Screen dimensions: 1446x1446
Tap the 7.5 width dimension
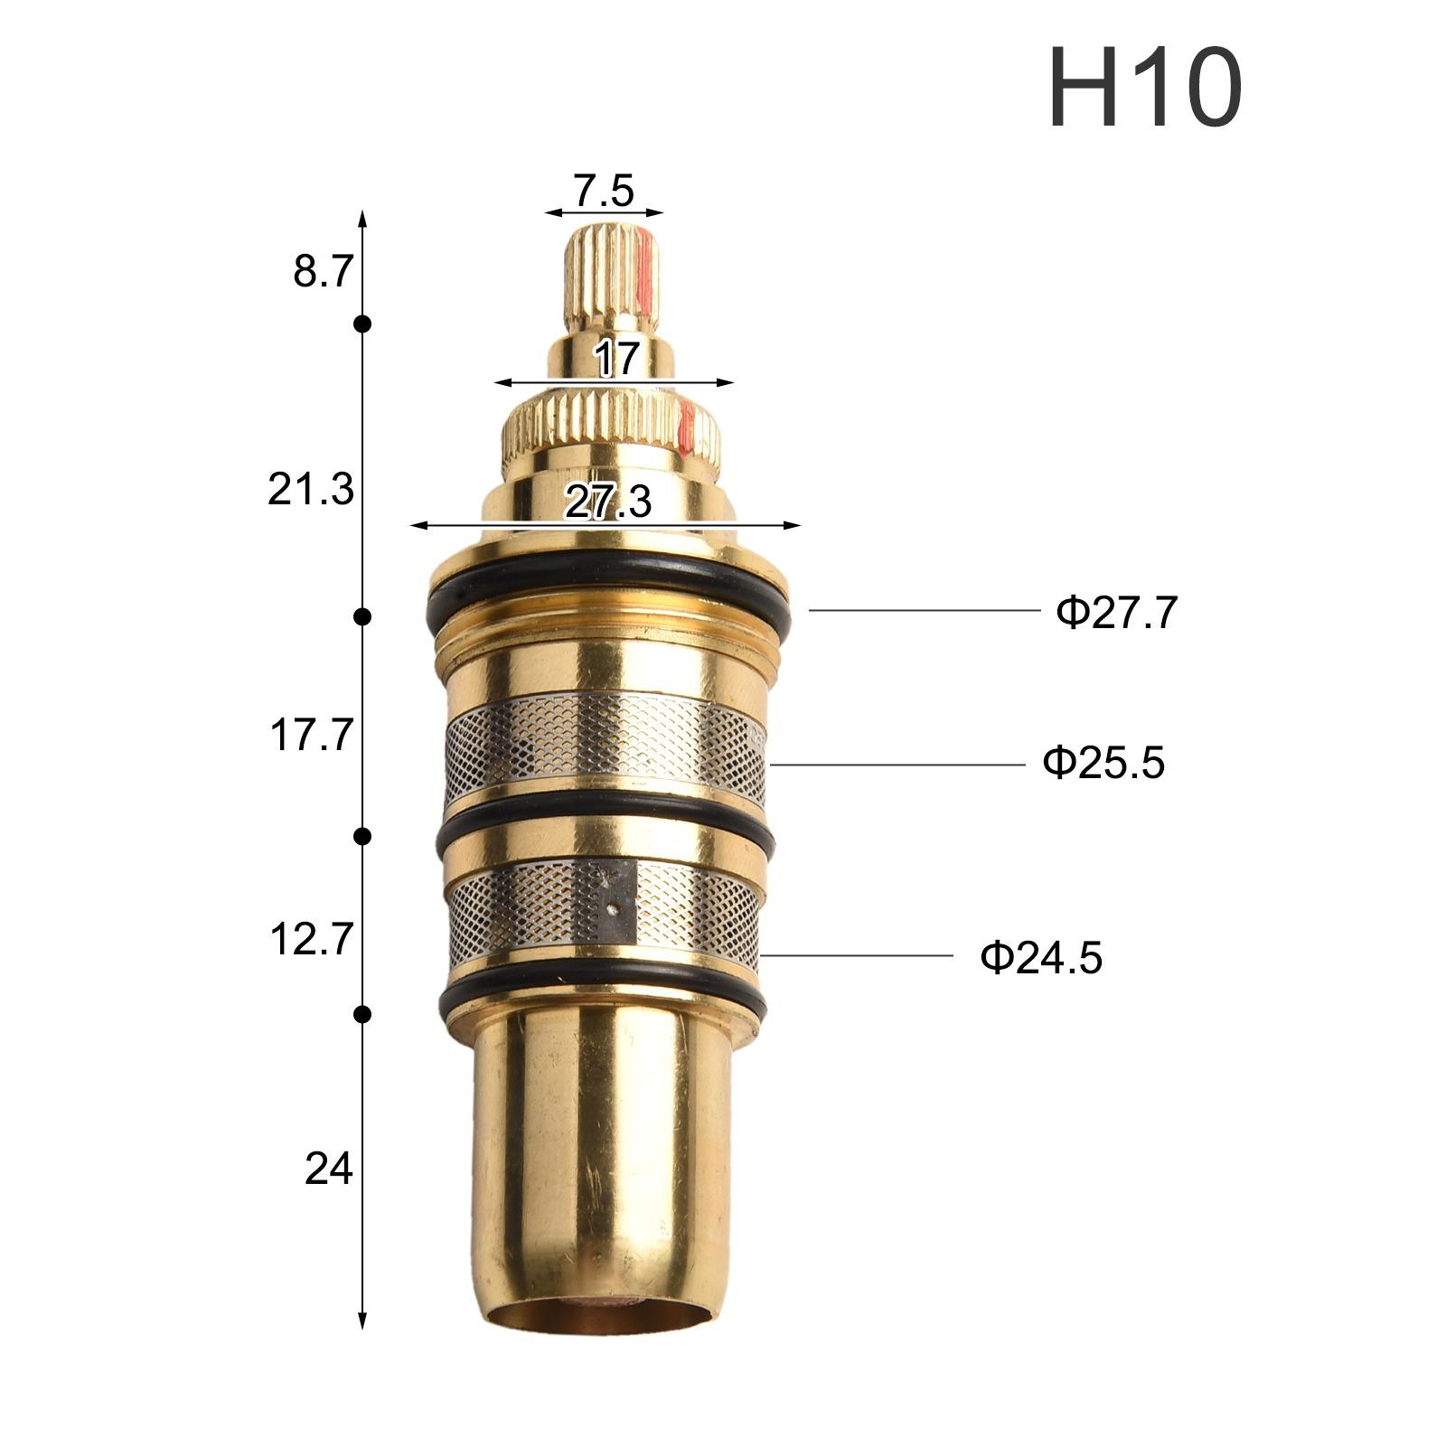[x=603, y=190]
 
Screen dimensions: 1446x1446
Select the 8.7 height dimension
[x=321, y=270]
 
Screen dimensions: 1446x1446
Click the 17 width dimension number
[x=616, y=359]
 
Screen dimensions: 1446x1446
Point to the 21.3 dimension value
[x=310, y=491]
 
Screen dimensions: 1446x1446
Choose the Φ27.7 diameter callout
[x=1117, y=613]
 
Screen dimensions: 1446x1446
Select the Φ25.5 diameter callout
[x=1103, y=763]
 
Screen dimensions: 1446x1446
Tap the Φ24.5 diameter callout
[x=1041, y=957]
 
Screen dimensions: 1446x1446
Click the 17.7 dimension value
[x=310, y=736]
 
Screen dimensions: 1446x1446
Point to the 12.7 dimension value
[x=310, y=940]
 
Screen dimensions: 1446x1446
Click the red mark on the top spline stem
[x=643, y=267]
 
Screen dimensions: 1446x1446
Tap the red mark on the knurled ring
[x=686, y=427]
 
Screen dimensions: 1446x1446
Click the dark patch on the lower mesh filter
[x=615, y=900]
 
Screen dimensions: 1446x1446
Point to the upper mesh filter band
[x=606, y=734]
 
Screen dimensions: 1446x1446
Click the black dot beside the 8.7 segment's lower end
[x=362, y=324]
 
